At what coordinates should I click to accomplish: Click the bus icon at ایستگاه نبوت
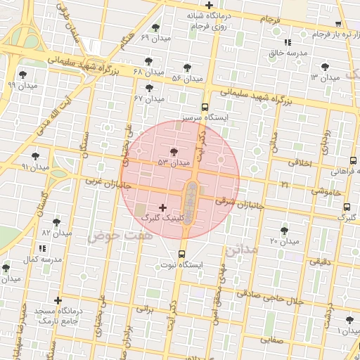coord(182,254)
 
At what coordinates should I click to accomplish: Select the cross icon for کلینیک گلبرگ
coord(164,207)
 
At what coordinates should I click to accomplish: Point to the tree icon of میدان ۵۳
coord(174,151)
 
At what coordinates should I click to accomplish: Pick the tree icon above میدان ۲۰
coord(284,230)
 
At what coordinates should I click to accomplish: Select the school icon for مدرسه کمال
coord(42,248)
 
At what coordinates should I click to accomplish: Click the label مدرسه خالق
coord(285,53)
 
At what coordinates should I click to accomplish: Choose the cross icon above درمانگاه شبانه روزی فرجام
coord(209,6)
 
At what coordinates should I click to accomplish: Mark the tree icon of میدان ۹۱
coord(36,156)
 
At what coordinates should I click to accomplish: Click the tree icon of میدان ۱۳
coord(324,66)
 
